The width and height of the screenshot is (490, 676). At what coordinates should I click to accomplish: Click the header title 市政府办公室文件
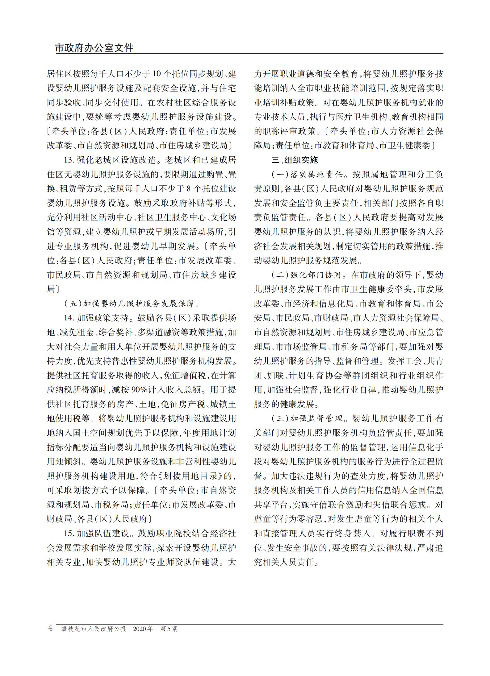tap(94, 48)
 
